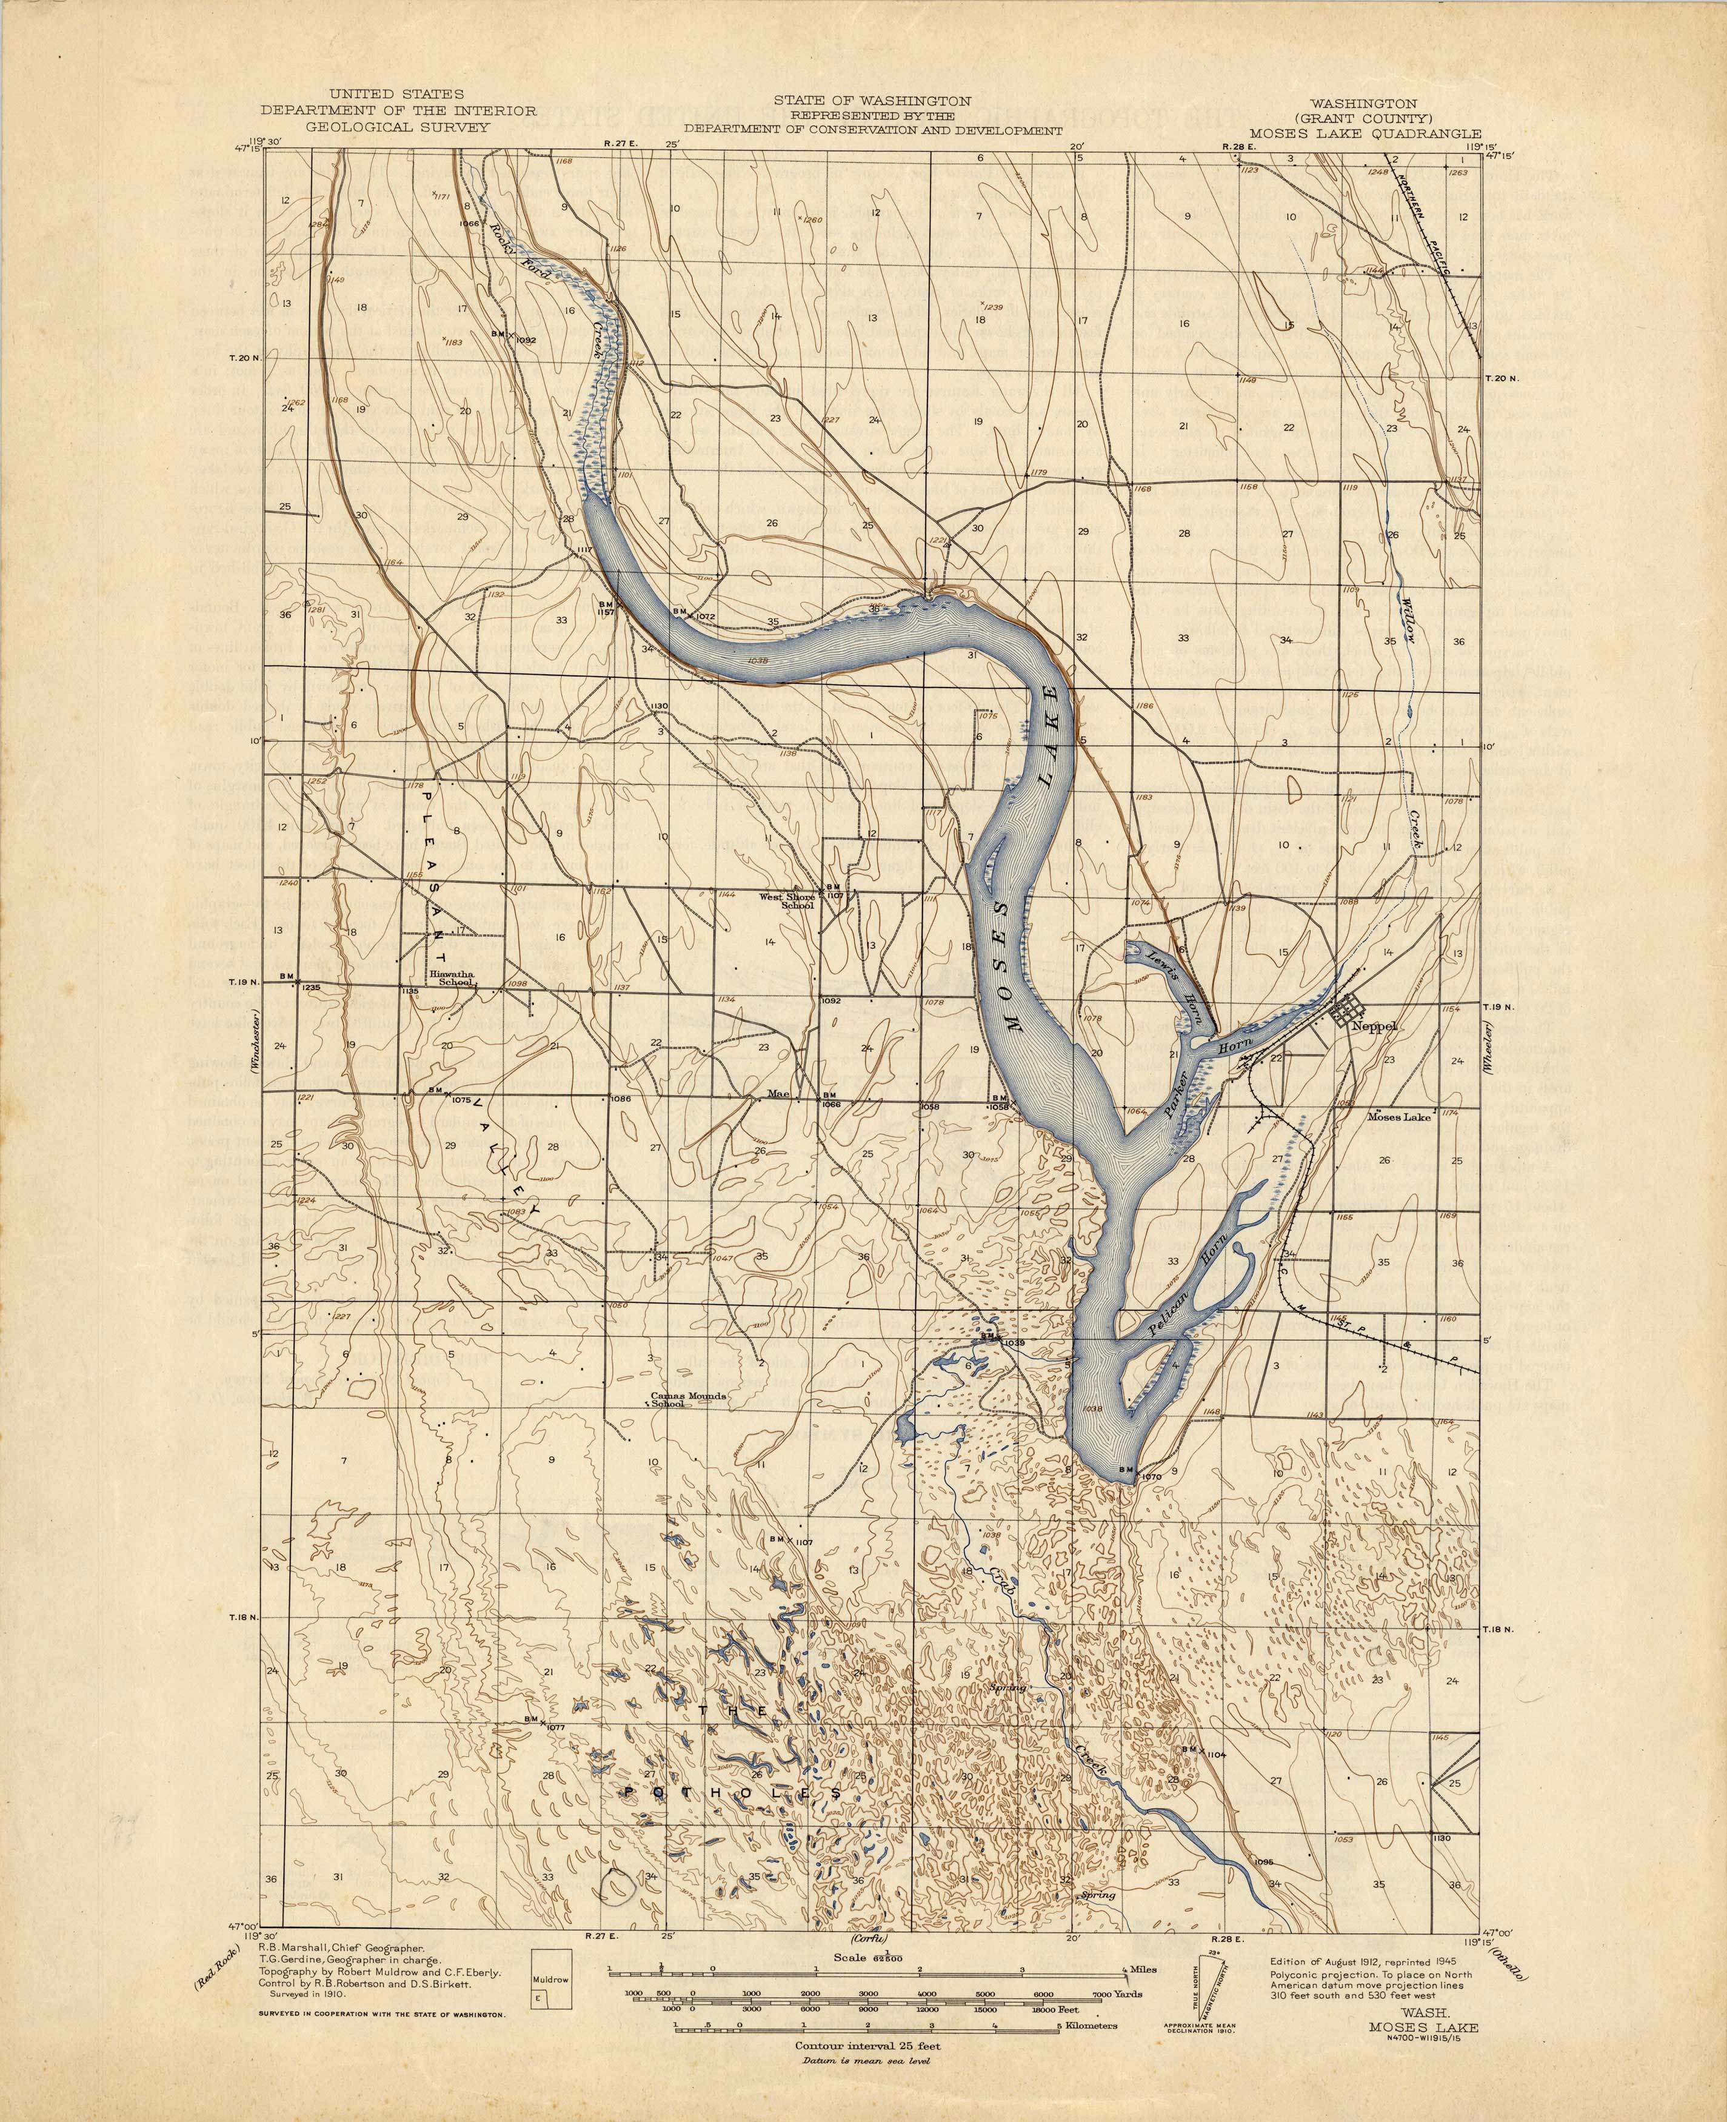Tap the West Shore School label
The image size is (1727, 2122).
[787, 900]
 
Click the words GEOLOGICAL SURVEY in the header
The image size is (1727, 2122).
[398, 127]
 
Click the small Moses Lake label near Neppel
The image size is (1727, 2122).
[1398, 1116]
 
